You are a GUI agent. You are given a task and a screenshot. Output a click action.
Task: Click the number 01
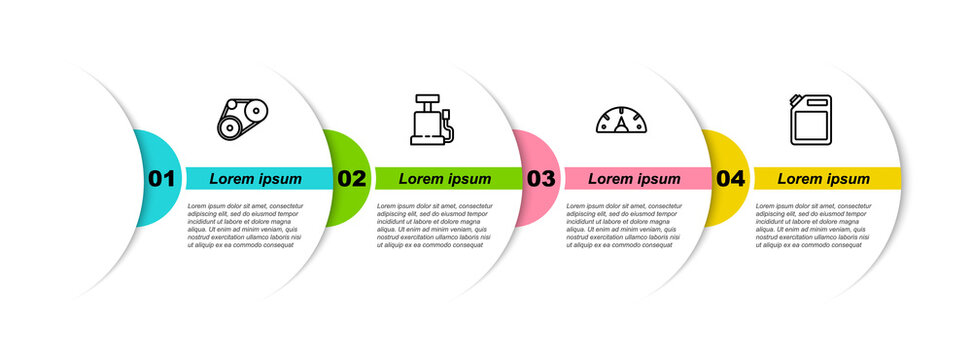161,179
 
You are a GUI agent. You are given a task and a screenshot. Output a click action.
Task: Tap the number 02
351,179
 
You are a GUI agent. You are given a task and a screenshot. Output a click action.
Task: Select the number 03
541,179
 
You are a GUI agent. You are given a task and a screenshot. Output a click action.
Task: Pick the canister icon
811,120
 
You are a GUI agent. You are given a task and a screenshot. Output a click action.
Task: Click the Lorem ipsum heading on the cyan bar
255,179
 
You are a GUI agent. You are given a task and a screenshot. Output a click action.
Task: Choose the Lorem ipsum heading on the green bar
445,179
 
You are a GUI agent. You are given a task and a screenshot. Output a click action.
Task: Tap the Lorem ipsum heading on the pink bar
634,179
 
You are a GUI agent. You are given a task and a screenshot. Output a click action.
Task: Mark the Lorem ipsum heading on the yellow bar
824,179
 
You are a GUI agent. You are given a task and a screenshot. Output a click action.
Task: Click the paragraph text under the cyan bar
244,224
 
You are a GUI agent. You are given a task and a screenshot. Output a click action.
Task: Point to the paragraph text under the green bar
434,224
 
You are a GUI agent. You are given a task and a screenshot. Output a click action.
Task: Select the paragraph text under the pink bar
623,224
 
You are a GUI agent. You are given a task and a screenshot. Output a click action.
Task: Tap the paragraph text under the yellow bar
813,224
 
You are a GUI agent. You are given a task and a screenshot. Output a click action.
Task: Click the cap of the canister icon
796,98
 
